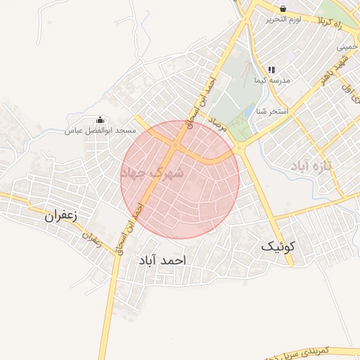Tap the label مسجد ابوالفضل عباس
click(100, 131)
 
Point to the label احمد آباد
click(162, 260)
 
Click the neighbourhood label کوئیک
click(280, 247)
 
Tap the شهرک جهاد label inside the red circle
click(154, 172)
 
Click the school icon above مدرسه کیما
click(271, 70)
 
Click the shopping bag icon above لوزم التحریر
click(283, 9)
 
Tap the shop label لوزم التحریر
click(283, 20)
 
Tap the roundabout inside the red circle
click(174, 146)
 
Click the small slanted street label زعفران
click(92, 238)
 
